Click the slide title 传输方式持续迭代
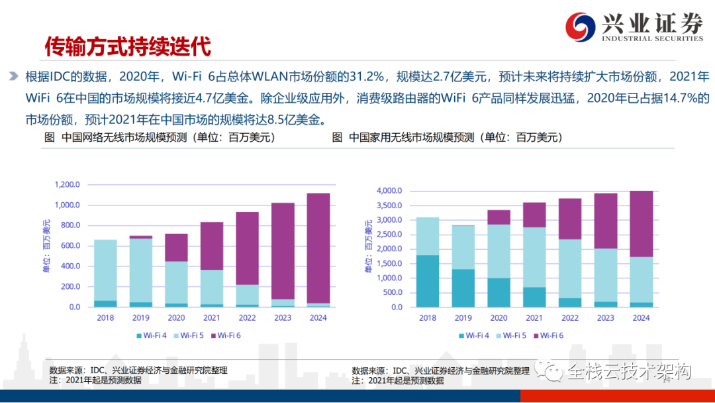(x=127, y=46)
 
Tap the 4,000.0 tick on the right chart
(x=389, y=191)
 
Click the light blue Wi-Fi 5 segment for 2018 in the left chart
(x=106, y=270)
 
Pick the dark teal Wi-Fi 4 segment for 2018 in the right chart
(x=428, y=281)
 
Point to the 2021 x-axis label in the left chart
(x=212, y=317)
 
